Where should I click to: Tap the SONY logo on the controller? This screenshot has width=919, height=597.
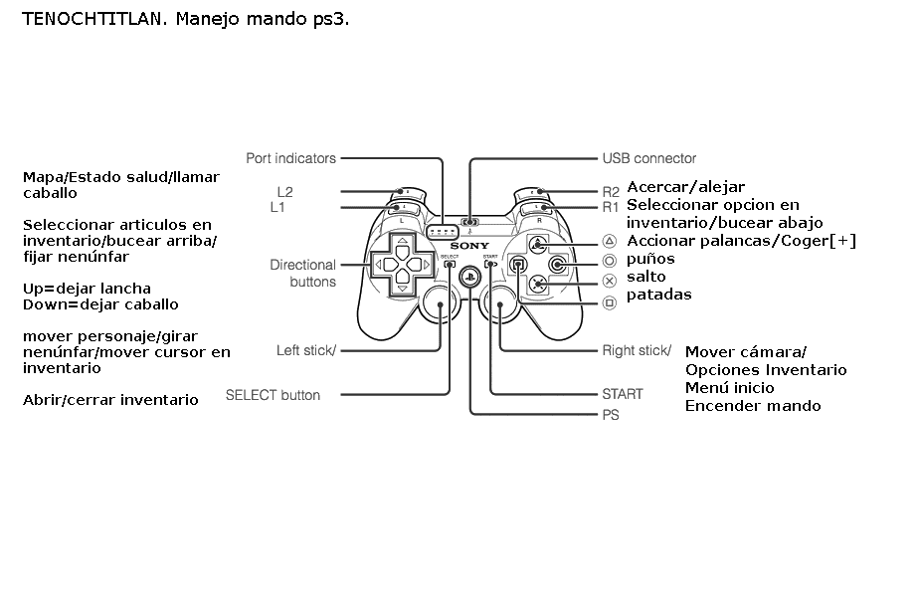tap(468, 245)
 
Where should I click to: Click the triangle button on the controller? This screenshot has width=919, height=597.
tap(538, 243)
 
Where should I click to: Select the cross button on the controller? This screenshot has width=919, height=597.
tap(538, 284)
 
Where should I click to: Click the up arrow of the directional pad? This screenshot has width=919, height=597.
tap(401, 244)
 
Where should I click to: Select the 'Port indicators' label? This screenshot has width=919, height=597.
tap(290, 158)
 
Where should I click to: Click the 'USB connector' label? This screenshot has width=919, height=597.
tap(648, 158)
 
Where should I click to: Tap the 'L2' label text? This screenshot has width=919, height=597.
tap(284, 191)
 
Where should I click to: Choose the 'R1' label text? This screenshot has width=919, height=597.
tap(610, 207)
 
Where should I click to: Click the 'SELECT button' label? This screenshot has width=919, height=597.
tap(273, 395)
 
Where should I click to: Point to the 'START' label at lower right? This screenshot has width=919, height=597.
tap(622, 394)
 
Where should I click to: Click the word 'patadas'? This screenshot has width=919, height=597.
tap(658, 295)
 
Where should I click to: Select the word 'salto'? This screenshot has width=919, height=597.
tap(646, 277)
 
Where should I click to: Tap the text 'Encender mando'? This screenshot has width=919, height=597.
tap(753, 405)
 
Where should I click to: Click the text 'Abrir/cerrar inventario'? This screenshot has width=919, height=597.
tap(110, 400)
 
